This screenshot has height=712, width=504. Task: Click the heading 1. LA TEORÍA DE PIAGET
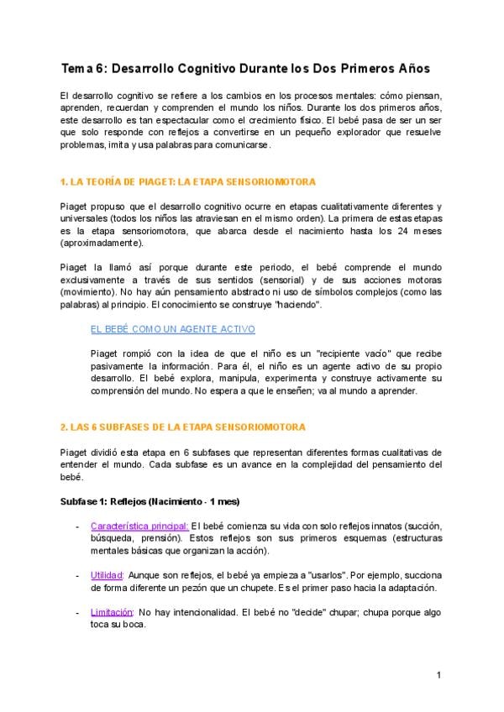tap(188, 181)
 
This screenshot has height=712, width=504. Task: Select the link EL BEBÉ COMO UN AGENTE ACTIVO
tap(172, 329)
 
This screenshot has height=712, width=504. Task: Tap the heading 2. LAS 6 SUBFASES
tap(183, 427)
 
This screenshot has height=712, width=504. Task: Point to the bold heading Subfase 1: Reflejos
tap(150, 501)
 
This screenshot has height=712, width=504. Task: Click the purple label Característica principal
tap(139, 526)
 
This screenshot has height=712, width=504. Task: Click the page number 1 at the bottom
tap(438, 675)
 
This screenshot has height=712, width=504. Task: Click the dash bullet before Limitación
tap(78, 613)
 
